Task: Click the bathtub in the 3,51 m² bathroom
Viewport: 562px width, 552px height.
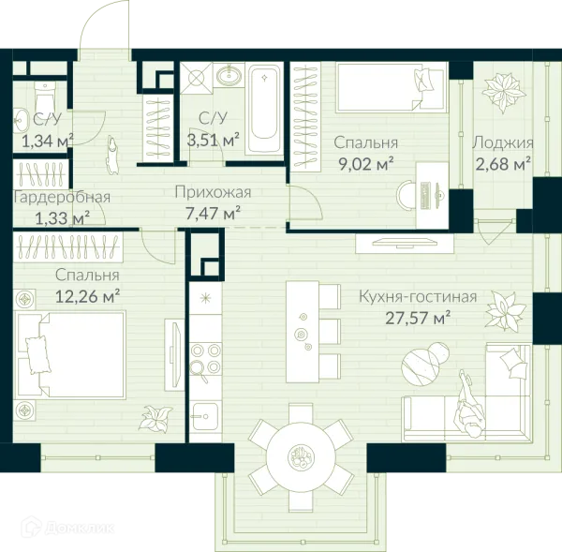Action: tap(264, 109)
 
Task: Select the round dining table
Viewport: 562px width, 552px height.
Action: tap(301, 457)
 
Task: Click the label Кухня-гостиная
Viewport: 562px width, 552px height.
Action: tap(418, 297)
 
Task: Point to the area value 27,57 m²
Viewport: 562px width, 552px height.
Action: tap(418, 319)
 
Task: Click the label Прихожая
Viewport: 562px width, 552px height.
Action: tap(213, 193)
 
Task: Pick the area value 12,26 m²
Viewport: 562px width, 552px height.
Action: tap(87, 297)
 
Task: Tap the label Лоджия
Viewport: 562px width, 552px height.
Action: tap(503, 143)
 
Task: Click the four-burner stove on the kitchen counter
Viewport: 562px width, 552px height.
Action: tap(205, 359)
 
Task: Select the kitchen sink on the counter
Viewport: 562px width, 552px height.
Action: tap(205, 416)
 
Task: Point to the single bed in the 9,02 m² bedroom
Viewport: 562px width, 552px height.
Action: tap(392, 87)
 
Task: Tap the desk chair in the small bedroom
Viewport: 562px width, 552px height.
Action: tap(406, 195)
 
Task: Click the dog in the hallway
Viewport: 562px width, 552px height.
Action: tap(113, 155)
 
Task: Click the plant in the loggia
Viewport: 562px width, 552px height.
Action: tap(504, 92)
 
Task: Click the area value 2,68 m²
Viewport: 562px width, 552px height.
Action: tap(503, 165)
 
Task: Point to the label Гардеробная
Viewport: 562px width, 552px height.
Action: tap(62, 198)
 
